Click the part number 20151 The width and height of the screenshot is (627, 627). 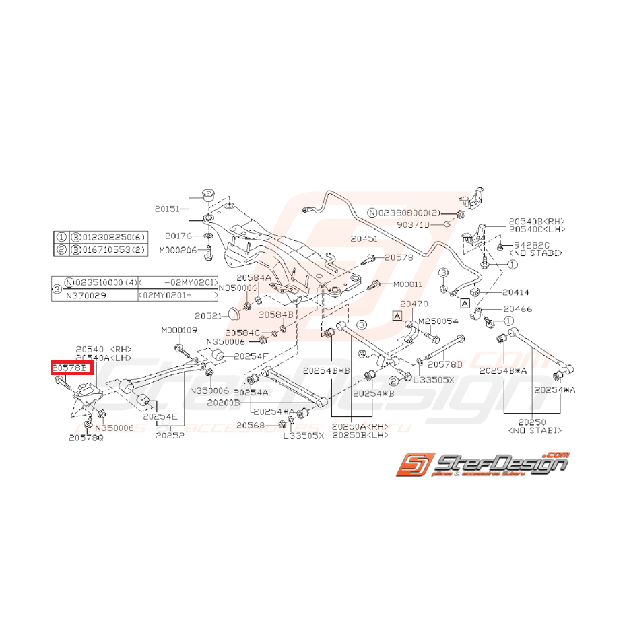point(168,209)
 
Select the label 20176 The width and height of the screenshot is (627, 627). point(178,236)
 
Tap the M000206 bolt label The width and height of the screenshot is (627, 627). point(178,249)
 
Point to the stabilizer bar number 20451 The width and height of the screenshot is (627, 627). point(364,238)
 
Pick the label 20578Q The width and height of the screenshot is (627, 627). point(86,438)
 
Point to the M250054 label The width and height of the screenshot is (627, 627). point(438,321)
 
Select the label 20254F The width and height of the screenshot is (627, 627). point(251,355)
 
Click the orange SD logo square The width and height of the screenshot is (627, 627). point(410,465)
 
